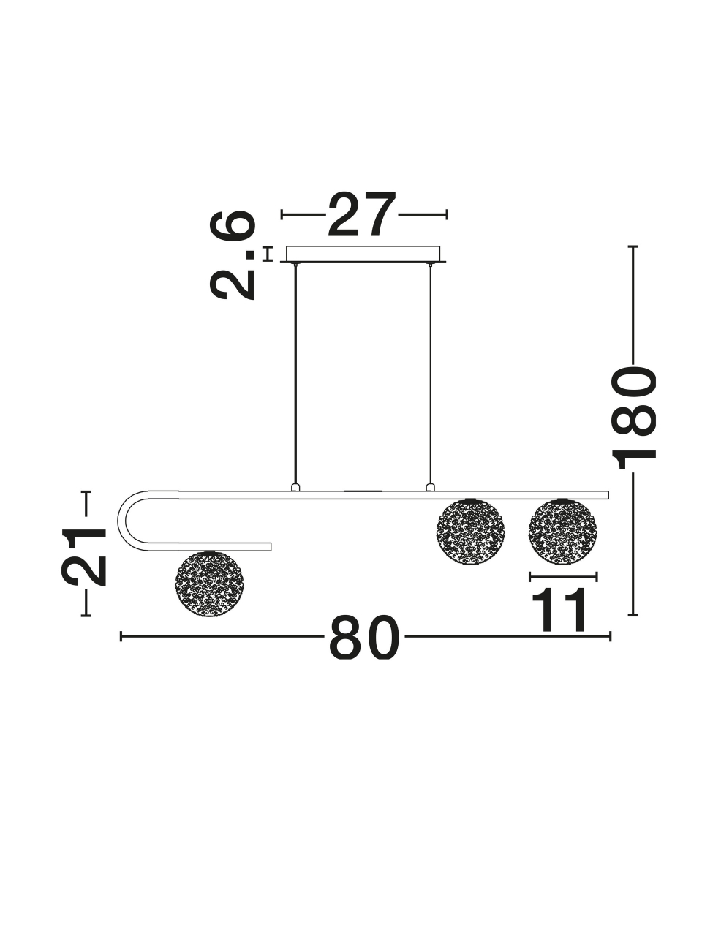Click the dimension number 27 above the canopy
pyautogui.click(x=362, y=214)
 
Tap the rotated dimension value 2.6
pyautogui.click(x=233, y=255)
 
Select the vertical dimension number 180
pyautogui.click(x=633, y=417)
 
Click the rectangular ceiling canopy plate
pyautogui.click(x=363, y=254)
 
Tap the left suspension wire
pyautogui.click(x=295, y=374)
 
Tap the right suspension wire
pyautogui.click(x=431, y=374)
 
